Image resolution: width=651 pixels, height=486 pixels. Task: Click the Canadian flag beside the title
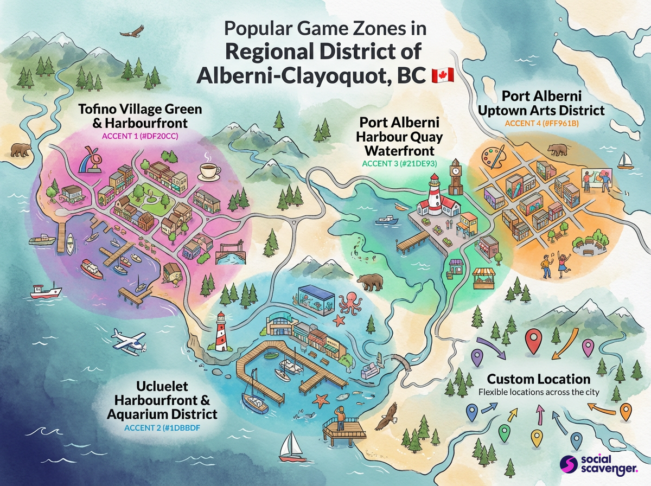click(442, 75)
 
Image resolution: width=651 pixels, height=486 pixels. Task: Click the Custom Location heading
click(538, 379)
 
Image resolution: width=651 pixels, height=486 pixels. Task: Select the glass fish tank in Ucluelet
click(316, 298)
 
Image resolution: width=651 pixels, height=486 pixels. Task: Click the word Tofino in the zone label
click(98, 110)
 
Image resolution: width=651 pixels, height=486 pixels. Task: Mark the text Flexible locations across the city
click(538, 392)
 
